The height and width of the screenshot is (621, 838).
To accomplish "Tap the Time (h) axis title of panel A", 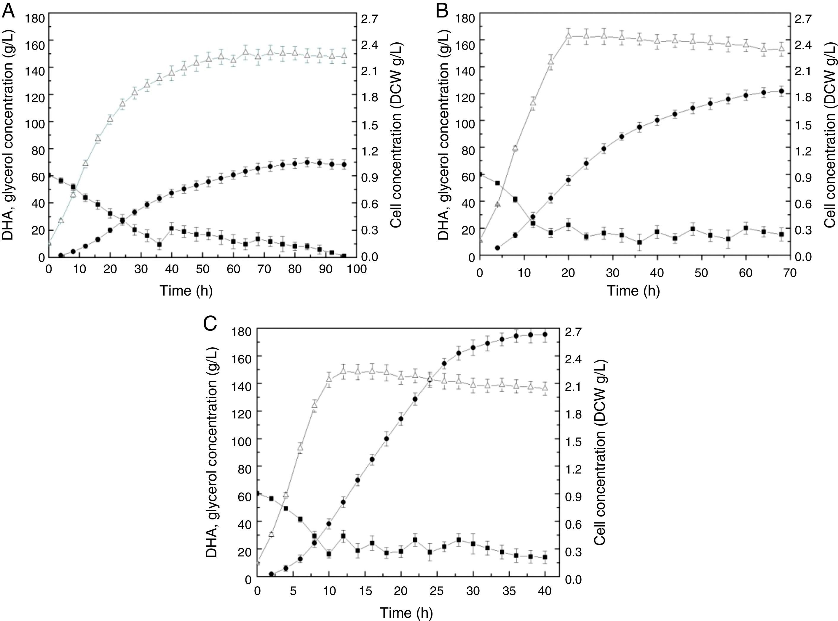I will pyautogui.click(x=186, y=291).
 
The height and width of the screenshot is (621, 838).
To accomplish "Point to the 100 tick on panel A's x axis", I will pyautogui.click(x=357, y=269).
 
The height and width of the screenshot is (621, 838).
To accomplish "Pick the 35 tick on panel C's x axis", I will pyautogui.click(x=509, y=590).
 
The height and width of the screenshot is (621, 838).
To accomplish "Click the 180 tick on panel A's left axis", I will pyautogui.click(x=35, y=18).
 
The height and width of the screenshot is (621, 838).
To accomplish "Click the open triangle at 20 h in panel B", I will pyautogui.click(x=568, y=36).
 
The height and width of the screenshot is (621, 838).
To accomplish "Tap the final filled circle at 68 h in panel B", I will pyautogui.click(x=781, y=91).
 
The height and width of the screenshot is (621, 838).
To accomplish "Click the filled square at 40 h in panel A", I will pyautogui.click(x=171, y=228).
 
